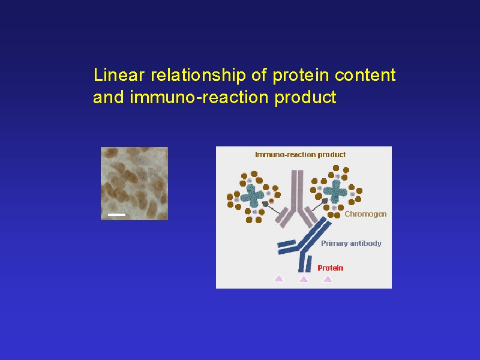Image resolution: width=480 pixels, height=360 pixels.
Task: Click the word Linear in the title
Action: (x=119, y=74)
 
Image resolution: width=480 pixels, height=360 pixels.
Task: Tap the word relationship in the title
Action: (x=199, y=76)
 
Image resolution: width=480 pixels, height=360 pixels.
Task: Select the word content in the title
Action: (x=365, y=76)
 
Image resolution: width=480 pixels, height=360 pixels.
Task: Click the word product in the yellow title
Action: (x=305, y=98)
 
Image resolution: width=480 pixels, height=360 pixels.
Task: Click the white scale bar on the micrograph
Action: (x=116, y=215)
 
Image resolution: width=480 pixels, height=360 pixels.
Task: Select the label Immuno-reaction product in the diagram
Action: (x=301, y=155)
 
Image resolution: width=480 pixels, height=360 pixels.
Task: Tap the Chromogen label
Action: (x=365, y=214)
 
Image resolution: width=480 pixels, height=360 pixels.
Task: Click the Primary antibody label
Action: (x=351, y=244)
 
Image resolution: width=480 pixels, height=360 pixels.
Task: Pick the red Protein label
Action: (x=331, y=268)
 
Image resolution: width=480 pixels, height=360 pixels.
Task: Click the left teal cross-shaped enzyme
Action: (x=252, y=196)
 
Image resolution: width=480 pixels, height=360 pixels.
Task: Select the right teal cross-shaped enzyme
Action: (x=335, y=191)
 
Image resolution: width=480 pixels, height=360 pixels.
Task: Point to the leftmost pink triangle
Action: (x=279, y=278)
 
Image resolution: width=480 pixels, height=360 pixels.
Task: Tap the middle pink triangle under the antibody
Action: (x=304, y=278)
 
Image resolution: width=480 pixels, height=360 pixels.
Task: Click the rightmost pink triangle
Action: (x=328, y=278)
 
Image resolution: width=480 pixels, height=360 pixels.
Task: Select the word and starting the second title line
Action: (x=109, y=97)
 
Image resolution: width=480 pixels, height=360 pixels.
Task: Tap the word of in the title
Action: (x=259, y=74)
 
